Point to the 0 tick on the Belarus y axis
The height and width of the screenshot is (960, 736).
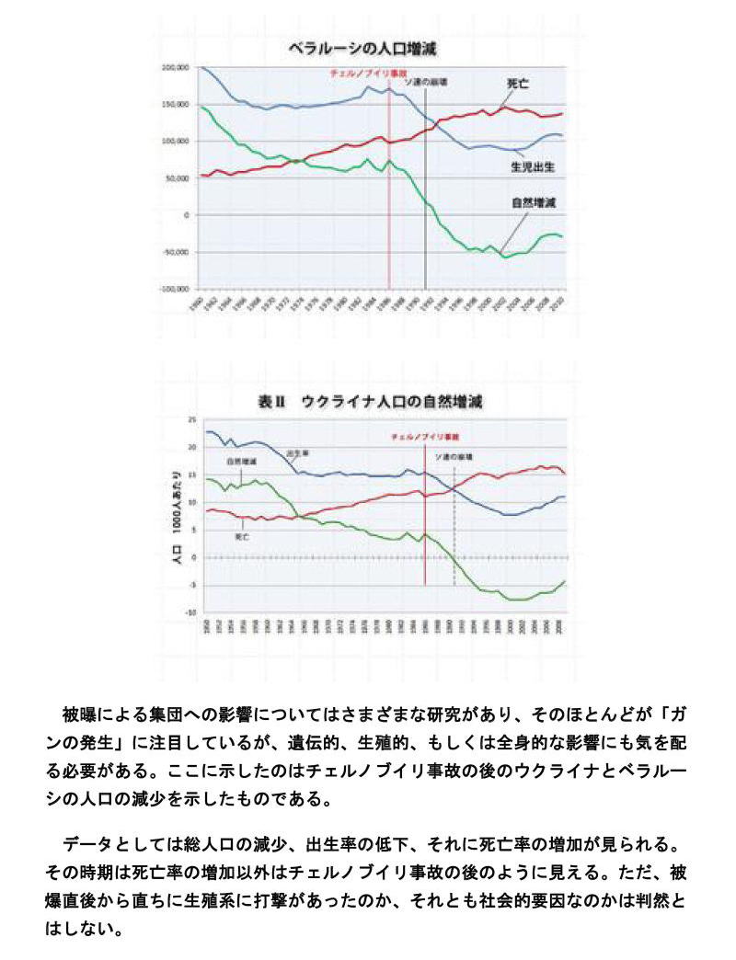tap(185, 214)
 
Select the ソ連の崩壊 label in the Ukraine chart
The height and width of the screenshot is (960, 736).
tap(454, 456)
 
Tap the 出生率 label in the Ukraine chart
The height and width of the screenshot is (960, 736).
tap(296, 452)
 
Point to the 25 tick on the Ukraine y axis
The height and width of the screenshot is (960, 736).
tap(193, 419)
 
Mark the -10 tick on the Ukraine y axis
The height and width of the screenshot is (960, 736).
tap(191, 612)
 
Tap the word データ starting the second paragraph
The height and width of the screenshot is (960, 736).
tap(91, 843)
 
